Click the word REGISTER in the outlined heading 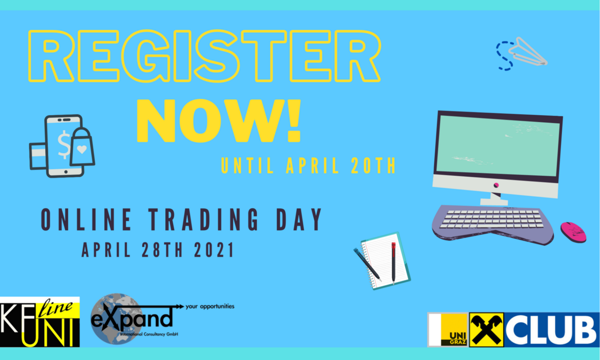pos(204,56)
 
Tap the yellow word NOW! pos(218,121)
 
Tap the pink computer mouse pos(573,232)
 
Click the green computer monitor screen pos(497,146)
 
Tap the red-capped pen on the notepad pos(393,263)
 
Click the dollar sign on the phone pos(64,144)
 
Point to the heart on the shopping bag pos(82,149)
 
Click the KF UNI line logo pos(40,322)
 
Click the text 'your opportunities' pos(209,306)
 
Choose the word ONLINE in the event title pos(86,219)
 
